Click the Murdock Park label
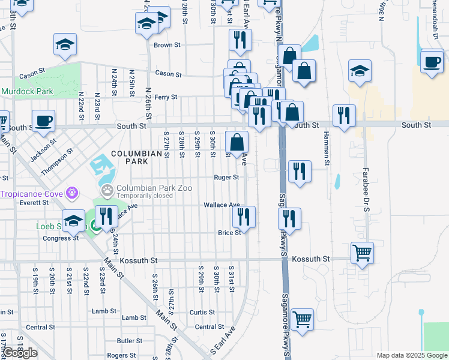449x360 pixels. click(27, 92)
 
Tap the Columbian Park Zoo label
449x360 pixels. click(154, 188)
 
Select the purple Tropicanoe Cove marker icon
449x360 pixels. click(73, 193)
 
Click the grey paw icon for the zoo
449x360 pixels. click(107, 192)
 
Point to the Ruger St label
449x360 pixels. click(227, 178)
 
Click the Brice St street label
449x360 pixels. click(229, 233)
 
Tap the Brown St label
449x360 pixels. click(167, 45)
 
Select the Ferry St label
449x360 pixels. click(166, 97)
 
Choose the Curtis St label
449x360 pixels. click(202, 313)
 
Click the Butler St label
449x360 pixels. click(129, 341)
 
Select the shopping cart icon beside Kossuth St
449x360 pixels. click(362, 253)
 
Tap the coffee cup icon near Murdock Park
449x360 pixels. click(43, 121)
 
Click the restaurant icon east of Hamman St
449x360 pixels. click(344, 115)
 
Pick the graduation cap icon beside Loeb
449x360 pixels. click(74, 220)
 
